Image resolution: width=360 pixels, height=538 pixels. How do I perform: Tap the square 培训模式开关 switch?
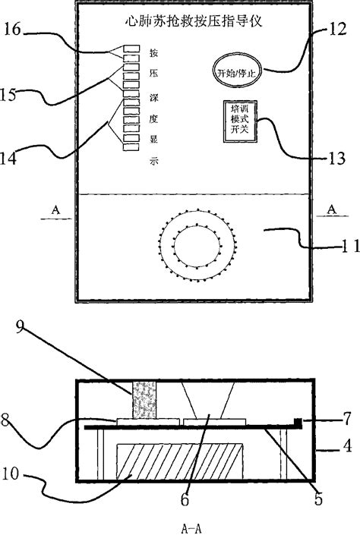coord(239,119)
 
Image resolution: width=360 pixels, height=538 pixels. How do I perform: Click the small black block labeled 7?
coord(298,421)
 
